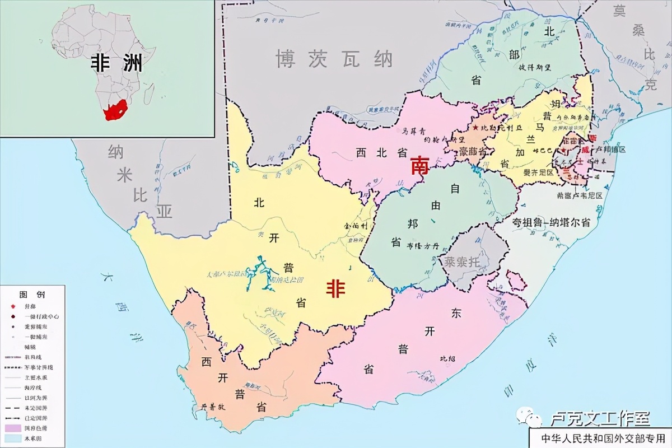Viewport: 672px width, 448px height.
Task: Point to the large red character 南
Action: [420, 166]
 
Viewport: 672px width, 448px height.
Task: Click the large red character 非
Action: [336, 289]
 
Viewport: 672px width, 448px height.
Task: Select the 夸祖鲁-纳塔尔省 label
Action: [551, 222]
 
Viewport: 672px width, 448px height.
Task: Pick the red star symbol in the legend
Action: [12, 307]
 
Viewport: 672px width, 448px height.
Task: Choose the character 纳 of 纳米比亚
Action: [116, 151]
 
